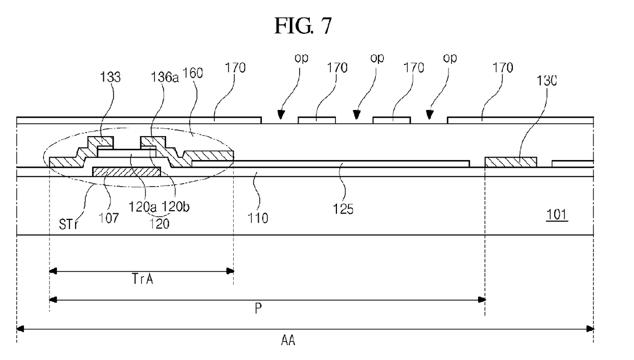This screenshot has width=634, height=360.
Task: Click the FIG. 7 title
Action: click(x=303, y=26)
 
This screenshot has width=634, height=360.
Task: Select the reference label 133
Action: click(x=110, y=77)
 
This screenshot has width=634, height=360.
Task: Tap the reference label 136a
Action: click(x=165, y=77)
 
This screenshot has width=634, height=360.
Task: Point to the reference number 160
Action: click(x=193, y=73)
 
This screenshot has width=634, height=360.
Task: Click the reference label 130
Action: click(x=547, y=81)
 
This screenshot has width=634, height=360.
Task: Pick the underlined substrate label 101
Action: click(x=557, y=215)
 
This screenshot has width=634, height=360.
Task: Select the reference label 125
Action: click(x=343, y=209)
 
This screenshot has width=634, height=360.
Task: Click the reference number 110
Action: click(x=258, y=218)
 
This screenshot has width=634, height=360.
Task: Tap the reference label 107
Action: click(x=109, y=218)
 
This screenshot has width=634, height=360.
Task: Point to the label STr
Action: click(x=68, y=224)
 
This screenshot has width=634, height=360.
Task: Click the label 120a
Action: click(x=143, y=207)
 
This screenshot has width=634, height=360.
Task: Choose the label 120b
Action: click(x=175, y=207)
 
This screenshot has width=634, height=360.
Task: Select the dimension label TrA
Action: click(x=142, y=279)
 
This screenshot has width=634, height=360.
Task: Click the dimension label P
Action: click(x=258, y=308)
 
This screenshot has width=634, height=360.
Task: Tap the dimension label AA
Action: click(x=288, y=340)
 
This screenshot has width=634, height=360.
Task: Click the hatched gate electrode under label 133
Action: click(x=126, y=171)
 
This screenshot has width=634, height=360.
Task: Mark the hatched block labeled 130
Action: click(x=511, y=162)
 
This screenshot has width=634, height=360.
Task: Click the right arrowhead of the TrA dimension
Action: click(x=231, y=272)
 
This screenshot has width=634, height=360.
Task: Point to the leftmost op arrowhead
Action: click(x=281, y=115)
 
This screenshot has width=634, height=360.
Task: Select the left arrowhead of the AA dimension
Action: click(x=20, y=329)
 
